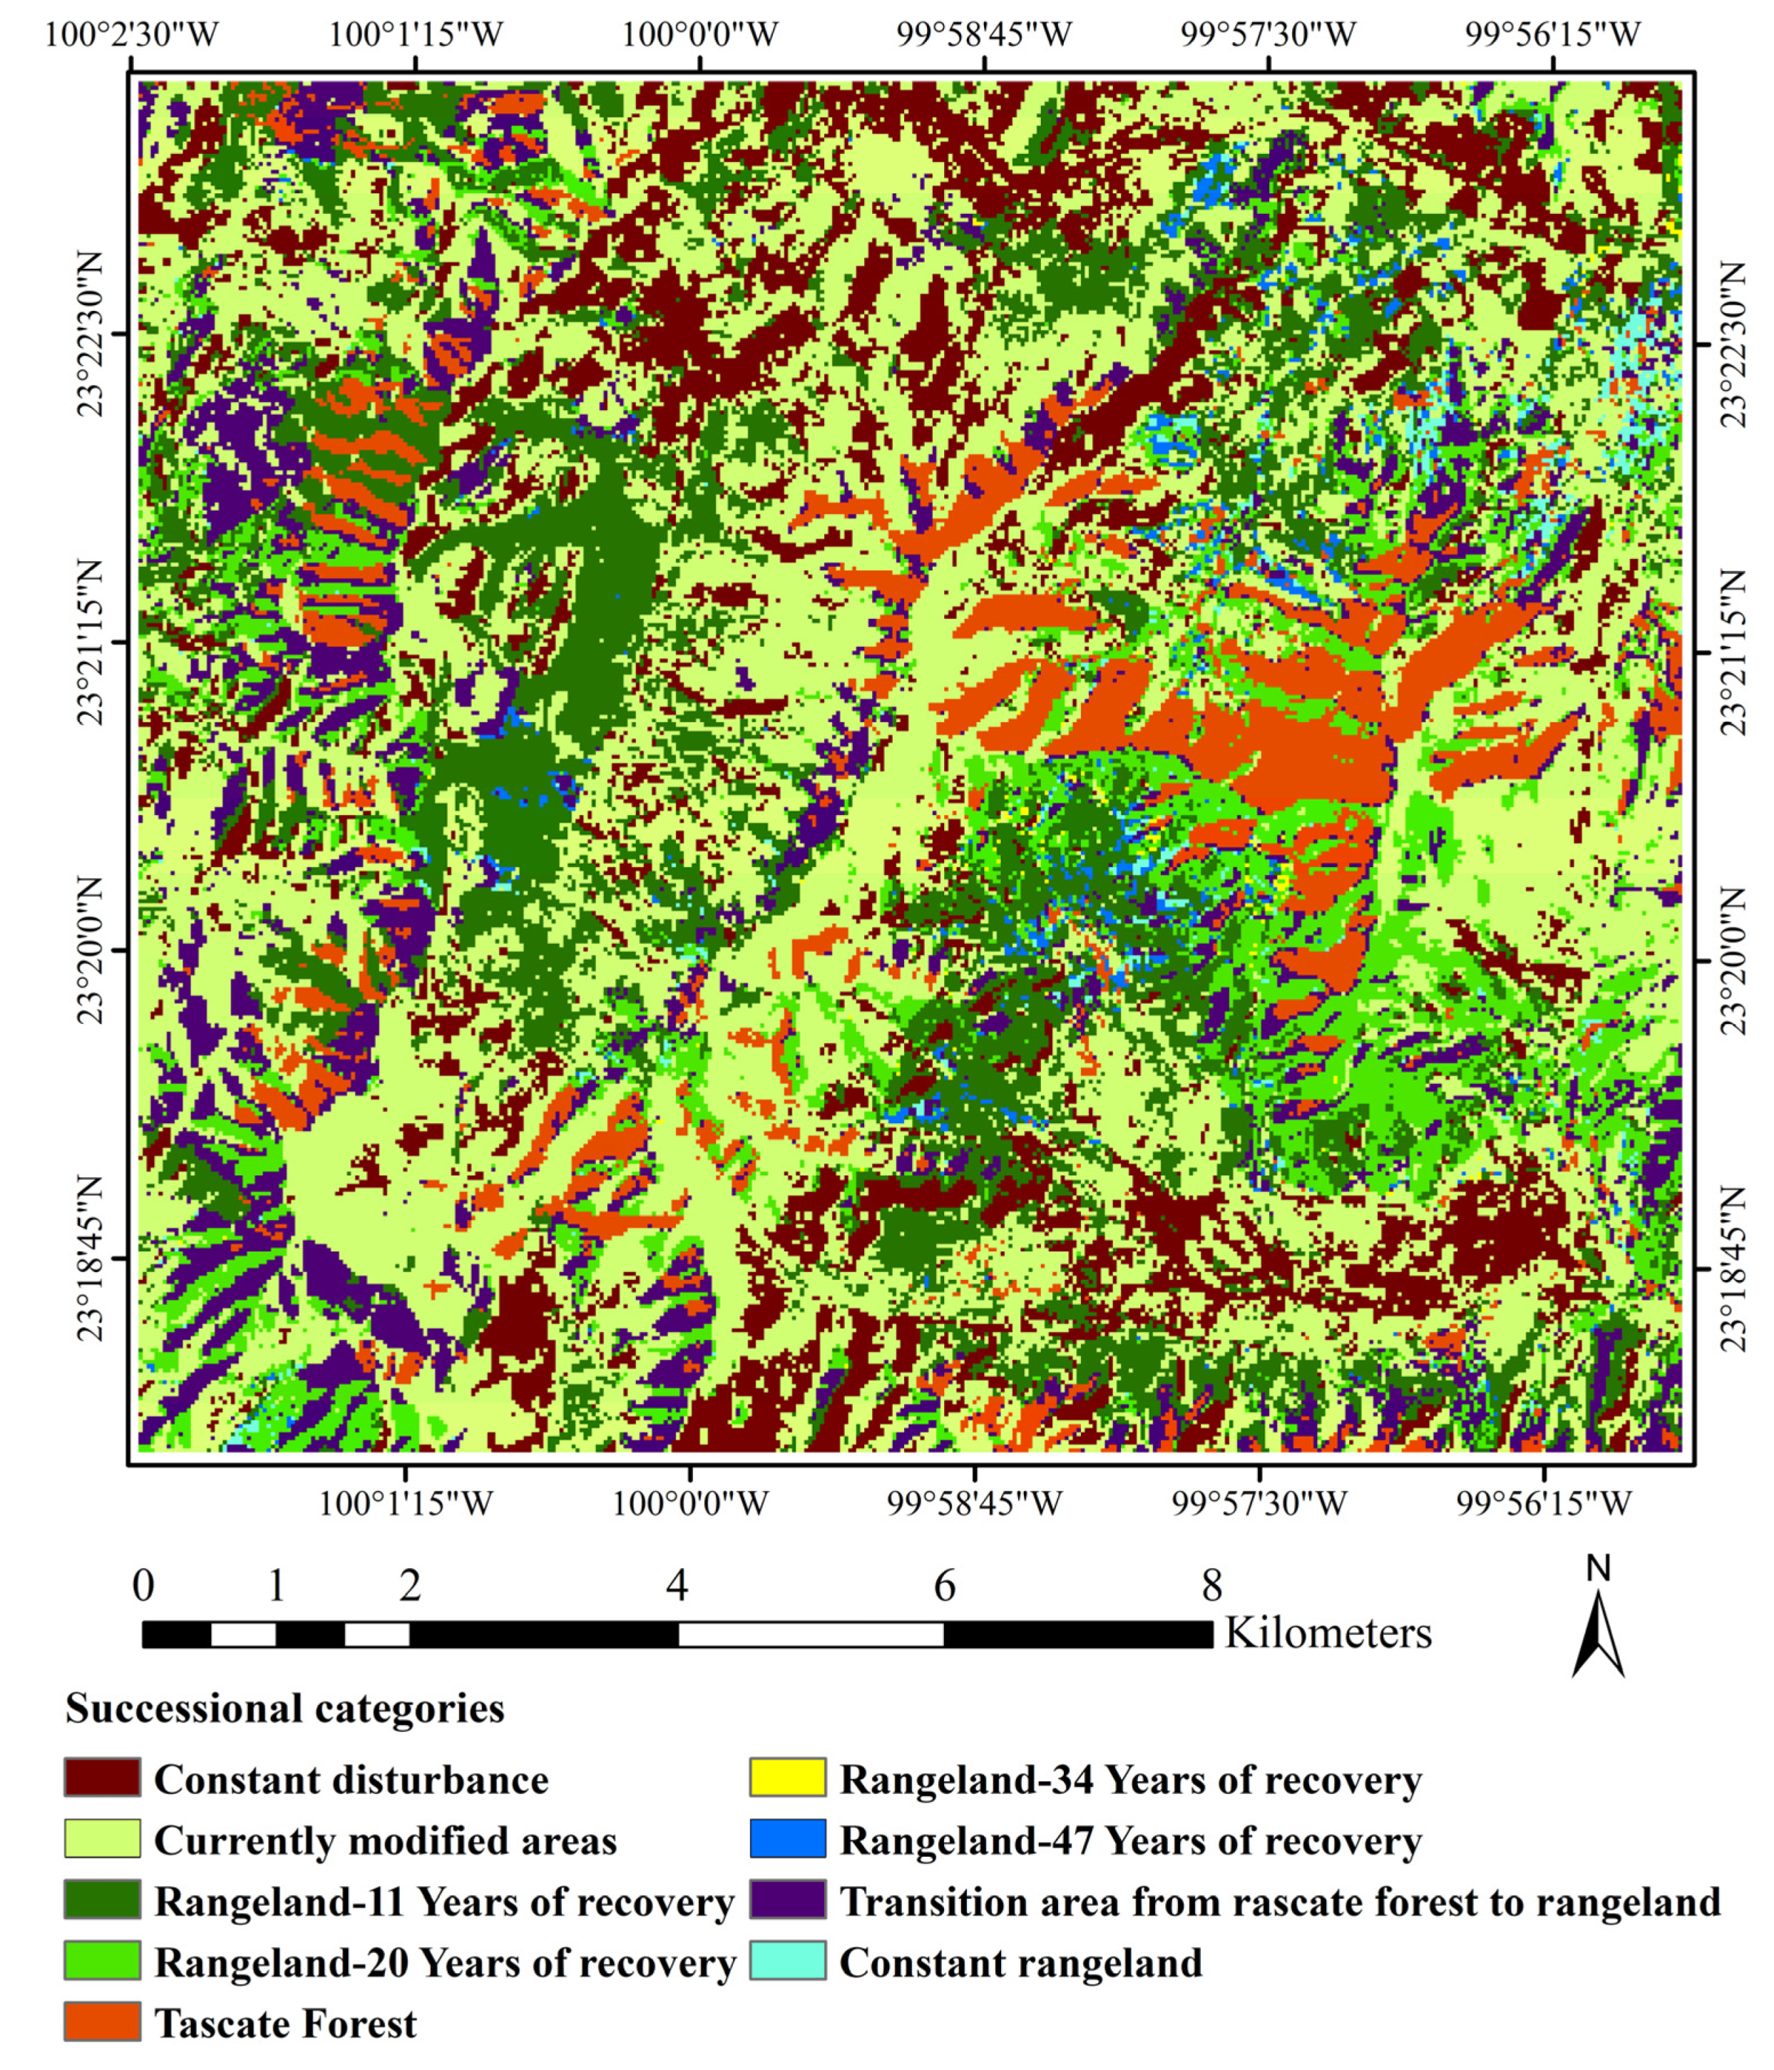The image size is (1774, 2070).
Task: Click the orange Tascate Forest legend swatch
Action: tap(102, 2023)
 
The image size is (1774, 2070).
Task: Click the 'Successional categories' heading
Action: tap(284, 1708)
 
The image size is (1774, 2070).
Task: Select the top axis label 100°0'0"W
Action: tap(699, 36)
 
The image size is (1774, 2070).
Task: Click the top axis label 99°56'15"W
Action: tap(1552, 36)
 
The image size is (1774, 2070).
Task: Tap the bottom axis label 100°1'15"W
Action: tap(404, 1504)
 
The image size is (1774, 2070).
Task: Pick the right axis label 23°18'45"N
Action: tap(1734, 1269)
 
